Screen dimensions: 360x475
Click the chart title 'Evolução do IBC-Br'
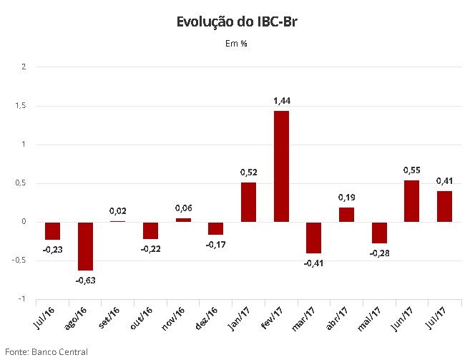pyautogui.click(x=236, y=22)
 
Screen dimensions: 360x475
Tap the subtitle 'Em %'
pyautogui.click(x=236, y=44)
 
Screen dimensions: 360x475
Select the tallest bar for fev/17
pyautogui.click(x=281, y=166)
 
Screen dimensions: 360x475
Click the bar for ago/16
pyautogui.click(x=85, y=246)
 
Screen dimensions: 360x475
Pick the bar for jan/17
pyautogui.click(x=248, y=202)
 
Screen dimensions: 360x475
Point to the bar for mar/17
pyautogui.click(x=314, y=238)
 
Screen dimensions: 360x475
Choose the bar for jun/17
pyautogui.click(x=412, y=201)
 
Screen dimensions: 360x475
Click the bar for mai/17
pyautogui.click(x=379, y=233)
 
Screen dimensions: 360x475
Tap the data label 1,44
pyautogui.click(x=282, y=101)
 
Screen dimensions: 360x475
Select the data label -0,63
pyautogui.click(x=85, y=281)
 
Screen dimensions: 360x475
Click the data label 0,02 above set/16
pyautogui.click(x=118, y=211)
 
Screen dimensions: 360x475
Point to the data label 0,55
pyautogui.click(x=412, y=170)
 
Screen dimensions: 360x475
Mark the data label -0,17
pyautogui.click(x=215, y=245)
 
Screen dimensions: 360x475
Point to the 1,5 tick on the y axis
pyautogui.click(x=21, y=106)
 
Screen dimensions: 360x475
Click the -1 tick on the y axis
pyautogui.click(x=22, y=299)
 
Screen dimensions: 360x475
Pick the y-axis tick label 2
pyautogui.click(x=24, y=67)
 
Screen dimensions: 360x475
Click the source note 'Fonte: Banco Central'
pyautogui.click(x=46, y=351)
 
